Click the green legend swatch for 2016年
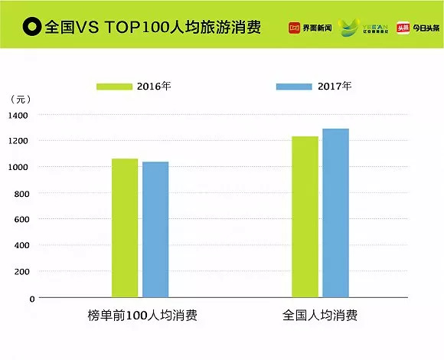coord(114,87)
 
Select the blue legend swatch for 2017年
coord(294,87)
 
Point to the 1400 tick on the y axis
coord(18,115)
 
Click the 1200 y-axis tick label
coord(18,141)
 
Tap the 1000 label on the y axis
coord(18,167)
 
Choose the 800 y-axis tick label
coord(21,193)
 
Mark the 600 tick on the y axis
coord(21,219)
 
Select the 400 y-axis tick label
coord(21,245)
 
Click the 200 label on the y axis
coord(21,272)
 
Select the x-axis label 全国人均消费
coord(319,316)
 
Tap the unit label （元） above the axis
coord(22,100)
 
